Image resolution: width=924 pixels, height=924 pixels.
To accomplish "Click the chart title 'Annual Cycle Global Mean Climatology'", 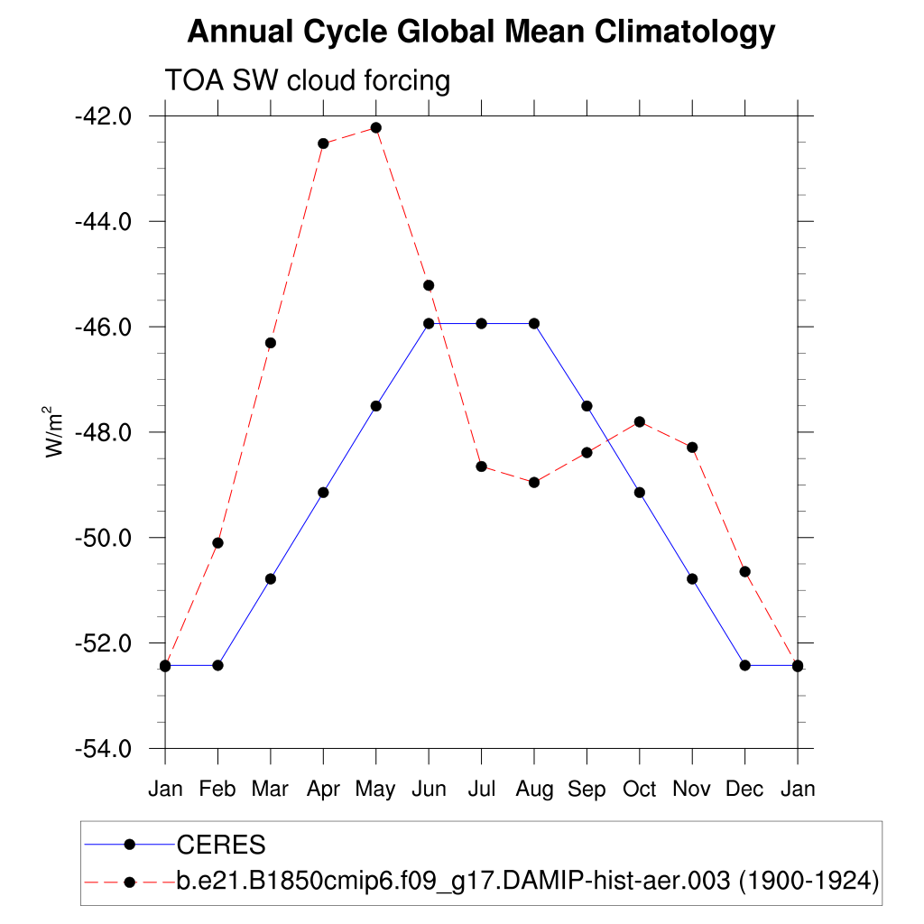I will pyautogui.click(x=480, y=32).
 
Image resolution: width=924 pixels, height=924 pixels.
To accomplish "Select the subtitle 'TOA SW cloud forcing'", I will pyautogui.click(x=307, y=81).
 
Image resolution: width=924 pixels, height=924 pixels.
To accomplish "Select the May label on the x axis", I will pyautogui.click(x=375, y=790).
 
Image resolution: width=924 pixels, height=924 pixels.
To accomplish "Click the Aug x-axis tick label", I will pyautogui.click(x=534, y=790).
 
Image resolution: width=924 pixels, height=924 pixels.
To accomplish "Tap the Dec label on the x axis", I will pyautogui.click(x=744, y=790).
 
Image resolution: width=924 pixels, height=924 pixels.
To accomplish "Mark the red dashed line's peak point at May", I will pyautogui.click(x=376, y=128).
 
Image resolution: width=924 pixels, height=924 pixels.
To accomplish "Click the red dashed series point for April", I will pyautogui.click(x=323, y=143).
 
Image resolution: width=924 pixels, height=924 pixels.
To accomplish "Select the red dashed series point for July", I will pyautogui.click(x=482, y=467).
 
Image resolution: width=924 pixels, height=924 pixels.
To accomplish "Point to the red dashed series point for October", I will pyautogui.click(x=640, y=421).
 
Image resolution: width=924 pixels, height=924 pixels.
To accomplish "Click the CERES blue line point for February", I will pyautogui.click(x=217, y=665).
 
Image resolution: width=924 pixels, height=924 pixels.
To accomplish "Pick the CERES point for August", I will pyautogui.click(x=534, y=323).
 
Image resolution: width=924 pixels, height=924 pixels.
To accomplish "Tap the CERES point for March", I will pyautogui.click(x=271, y=578).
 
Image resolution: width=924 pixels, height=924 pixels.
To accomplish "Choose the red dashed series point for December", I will pyautogui.click(x=745, y=571).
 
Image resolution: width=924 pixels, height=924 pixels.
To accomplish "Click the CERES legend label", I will pyautogui.click(x=221, y=845).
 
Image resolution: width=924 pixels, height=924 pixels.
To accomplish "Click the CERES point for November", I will pyautogui.click(x=692, y=578).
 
